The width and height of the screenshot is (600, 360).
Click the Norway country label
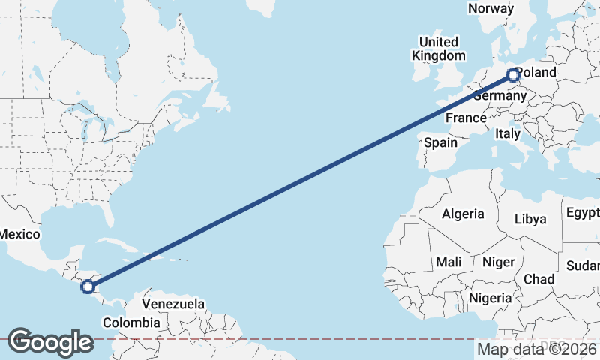click(x=490, y=8)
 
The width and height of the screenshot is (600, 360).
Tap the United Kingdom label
click(x=438, y=49)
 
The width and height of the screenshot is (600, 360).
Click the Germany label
click(x=501, y=96)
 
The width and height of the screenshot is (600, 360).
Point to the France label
click(x=466, y=118)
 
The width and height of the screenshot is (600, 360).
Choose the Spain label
click(x=440, y=142)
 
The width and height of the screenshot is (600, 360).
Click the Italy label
click(x=507, y=134)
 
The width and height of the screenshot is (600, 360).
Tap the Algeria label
click(x=463, y=214)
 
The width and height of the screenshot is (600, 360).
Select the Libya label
click(x=530, y=219)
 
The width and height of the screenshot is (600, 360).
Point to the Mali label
click(x=448, y=262)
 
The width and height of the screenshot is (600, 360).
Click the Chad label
click(x=538, y=279)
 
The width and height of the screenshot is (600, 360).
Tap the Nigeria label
click(x=490, y=298)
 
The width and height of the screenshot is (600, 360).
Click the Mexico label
click(x=19, y=234)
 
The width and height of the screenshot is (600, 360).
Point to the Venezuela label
click(x=173, y=304)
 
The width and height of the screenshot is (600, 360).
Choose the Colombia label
click(x=131, y=322)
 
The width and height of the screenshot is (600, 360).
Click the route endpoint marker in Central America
click(x=88, y=286)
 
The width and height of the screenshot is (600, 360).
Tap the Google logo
click(x=50, y=342)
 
